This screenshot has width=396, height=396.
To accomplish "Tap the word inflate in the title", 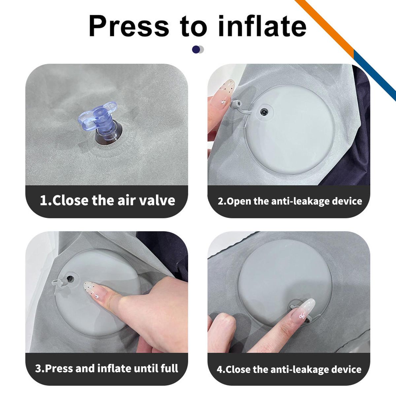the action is [x=262, y=26].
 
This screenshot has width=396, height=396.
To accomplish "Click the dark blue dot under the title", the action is [x=196, y=49].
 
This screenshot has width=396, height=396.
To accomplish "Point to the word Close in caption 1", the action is [x=71, y=200].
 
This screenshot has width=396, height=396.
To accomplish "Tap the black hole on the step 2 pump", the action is [x=264, y=112].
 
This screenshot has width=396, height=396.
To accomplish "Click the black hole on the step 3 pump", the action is [x=70, y=279].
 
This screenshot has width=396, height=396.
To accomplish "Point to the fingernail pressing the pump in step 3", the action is [x=94, y=290].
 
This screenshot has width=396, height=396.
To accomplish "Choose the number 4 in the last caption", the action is [x=220, y=369].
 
